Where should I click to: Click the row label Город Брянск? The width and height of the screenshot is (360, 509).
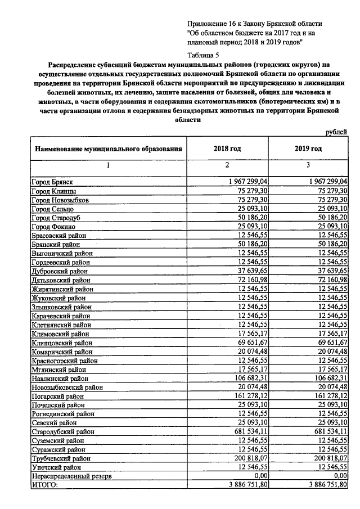click(x=51, y=182)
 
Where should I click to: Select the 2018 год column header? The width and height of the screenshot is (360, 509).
click(x=227, y=149)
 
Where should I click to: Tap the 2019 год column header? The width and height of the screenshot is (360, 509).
click(x=308, y=149)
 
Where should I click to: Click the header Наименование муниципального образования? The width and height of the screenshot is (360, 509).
click(x=109, y=150)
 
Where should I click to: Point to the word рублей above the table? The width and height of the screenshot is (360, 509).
click(x=337, y=132)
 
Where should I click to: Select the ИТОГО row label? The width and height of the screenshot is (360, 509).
click(x=44, y=485)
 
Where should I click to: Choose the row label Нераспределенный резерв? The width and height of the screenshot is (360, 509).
click(x=74, y=476)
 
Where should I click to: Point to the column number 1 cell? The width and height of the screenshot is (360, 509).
click(x=108, y=166)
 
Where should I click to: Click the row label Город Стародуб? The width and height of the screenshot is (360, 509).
click(x=55, y=218)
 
